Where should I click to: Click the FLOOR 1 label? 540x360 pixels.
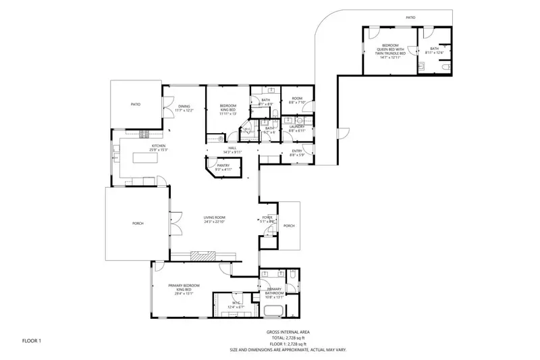(x=31, y=340)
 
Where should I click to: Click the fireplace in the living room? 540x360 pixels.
(x=203, y=255)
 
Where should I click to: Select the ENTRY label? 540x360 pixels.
(x=296, y=152)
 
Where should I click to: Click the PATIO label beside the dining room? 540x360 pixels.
(x=136, y=104)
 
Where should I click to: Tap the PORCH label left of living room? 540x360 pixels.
(x=138, y=223)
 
